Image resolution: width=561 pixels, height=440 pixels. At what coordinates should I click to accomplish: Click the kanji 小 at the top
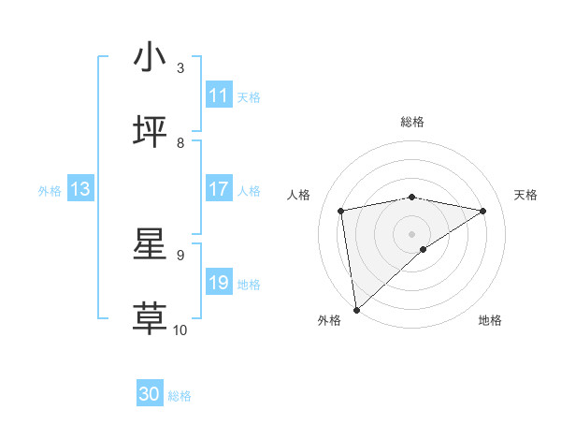click(151, 58)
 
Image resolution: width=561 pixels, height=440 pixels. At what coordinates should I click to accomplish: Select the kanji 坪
click(151, 133)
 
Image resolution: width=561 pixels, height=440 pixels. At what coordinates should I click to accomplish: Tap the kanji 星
click(151, 244)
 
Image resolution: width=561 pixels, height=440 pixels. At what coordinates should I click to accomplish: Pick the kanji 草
click(151, 319)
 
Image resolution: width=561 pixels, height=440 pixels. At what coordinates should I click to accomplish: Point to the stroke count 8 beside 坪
click(180, 142)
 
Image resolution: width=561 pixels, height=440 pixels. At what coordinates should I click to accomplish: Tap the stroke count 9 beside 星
click(180, 255)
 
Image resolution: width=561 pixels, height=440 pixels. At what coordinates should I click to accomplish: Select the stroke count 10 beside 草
click(180, 330)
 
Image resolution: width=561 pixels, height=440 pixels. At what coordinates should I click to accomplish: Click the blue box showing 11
click(219, 95)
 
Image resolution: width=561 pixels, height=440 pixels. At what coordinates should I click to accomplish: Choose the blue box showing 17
click(219, 189)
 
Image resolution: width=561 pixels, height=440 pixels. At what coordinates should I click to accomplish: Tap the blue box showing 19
click(219, 283)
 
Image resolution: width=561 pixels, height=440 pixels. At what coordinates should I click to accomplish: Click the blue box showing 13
click(80, 189)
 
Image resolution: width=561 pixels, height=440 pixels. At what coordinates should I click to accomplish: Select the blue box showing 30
click(150, 394)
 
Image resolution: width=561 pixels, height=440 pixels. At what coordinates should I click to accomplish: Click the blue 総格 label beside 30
click(180, 396)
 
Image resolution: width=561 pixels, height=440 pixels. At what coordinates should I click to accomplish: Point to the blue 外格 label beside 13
click(50, 191)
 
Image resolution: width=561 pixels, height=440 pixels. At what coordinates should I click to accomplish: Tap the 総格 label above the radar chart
click(412, 122)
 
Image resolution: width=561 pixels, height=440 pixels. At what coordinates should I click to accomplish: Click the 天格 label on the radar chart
click(525, 195)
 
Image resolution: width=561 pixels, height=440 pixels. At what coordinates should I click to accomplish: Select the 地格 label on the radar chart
click(490, 320)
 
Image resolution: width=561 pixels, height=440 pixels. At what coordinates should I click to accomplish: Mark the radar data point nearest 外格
click(355, 309)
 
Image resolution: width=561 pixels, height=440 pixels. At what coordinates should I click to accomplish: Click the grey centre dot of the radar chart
click(412, 232)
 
